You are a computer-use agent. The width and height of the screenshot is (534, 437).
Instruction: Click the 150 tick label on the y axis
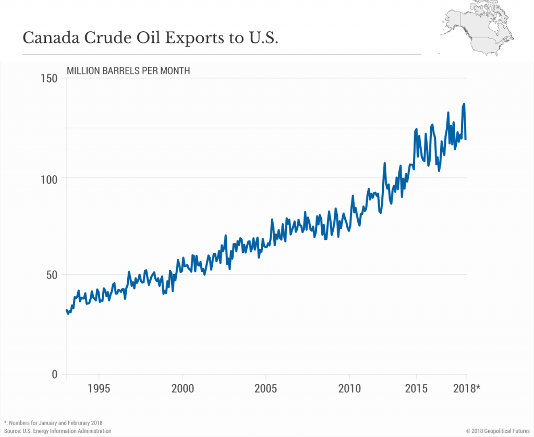point(50,78)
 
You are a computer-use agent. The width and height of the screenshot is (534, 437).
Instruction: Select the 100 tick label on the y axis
point(50,178)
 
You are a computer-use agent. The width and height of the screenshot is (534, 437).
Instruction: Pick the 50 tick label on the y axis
point(53,275)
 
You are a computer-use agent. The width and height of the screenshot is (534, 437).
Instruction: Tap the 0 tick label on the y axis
point(56,374)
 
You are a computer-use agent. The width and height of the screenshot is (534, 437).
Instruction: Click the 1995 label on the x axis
point(99,389)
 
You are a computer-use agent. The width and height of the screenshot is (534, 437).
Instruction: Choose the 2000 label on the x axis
point(183,389)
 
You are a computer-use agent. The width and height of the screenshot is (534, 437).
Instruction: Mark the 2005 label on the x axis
point(266,389)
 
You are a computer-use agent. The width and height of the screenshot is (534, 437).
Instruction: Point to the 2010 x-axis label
point(349,389)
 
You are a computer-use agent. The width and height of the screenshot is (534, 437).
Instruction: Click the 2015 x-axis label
point(416,389)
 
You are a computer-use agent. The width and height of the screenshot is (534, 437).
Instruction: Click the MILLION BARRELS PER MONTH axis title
point(128,70)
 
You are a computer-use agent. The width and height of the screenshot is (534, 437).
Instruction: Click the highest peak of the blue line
point(464,104)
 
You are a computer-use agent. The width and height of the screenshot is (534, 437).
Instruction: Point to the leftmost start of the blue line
point(67,310)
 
